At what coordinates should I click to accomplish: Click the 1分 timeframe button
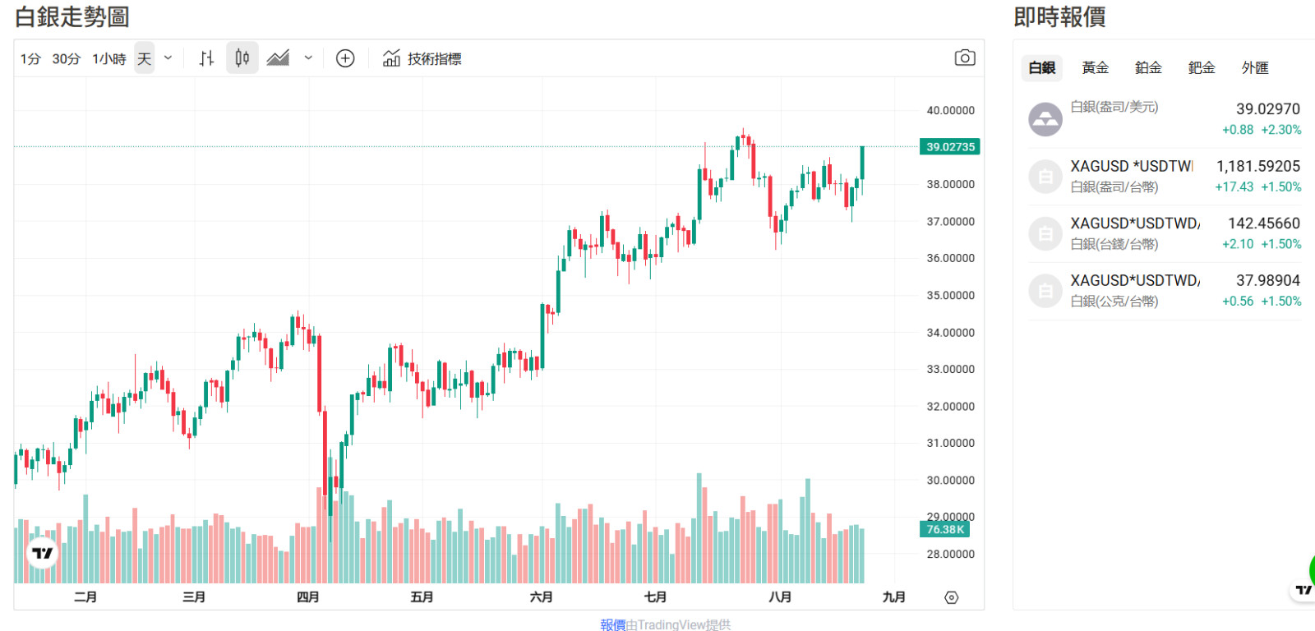(30, 59)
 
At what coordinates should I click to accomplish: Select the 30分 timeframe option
(67, 59)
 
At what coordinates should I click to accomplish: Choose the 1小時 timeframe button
(109, 59)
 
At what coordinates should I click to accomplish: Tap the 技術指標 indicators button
(422, 59)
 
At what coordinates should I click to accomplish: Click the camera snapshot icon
(965, 58)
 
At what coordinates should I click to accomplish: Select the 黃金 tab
(1095, 68)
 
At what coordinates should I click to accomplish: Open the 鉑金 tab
(1148, 68)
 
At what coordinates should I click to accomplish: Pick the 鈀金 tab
(1202, 68)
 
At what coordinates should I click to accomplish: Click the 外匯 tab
(1255, 68)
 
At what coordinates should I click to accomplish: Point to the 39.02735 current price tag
(950, 147)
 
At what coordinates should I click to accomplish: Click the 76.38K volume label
(945, 530)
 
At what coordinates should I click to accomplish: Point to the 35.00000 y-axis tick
(950, 296)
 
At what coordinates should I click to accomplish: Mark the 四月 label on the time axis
(308, 597)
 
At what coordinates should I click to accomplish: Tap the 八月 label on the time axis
(780, 597)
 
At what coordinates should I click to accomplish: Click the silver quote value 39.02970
(1267, 109)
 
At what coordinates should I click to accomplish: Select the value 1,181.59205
(1258, 167)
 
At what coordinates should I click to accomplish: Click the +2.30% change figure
(1281, 130)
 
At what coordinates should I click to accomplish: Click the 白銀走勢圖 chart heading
(72, 16)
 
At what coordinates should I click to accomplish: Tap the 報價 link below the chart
(612, 624)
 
